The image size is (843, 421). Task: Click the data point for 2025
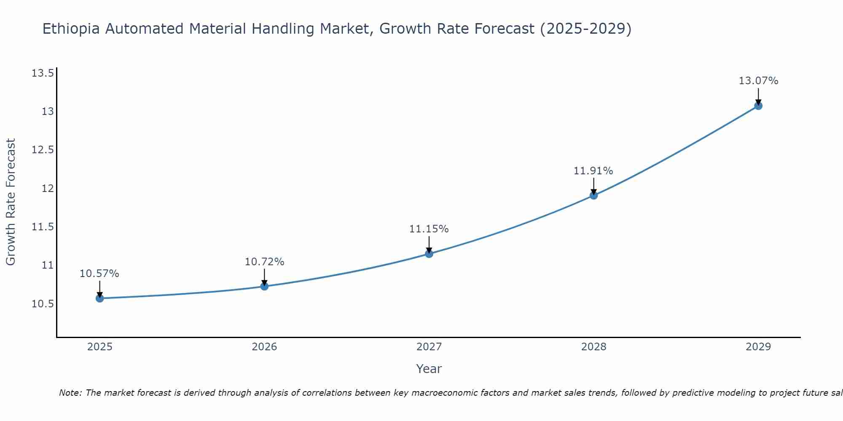(100, 298)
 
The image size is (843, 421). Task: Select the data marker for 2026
(264, 286)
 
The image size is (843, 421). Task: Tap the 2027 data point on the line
(429, 253)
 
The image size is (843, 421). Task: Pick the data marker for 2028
(593, 195)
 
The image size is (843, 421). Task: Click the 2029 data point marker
(758, 106)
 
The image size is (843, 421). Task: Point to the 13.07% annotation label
(758, 81)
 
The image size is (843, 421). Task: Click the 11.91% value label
(593, 171)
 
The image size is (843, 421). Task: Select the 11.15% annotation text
(429, 229)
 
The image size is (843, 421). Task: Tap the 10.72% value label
(264, 262)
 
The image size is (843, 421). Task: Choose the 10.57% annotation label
(99, 274)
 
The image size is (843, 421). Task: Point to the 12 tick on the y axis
(48, 188)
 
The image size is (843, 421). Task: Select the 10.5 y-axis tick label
(43, 304)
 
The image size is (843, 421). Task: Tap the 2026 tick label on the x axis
(264, 347)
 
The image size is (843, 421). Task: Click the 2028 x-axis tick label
(593, 347)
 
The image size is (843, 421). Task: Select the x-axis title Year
(429, 369)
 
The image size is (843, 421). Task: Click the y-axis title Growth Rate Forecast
(11, 202)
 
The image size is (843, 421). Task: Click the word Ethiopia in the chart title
(71, 29)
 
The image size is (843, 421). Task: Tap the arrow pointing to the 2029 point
(758, 96)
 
